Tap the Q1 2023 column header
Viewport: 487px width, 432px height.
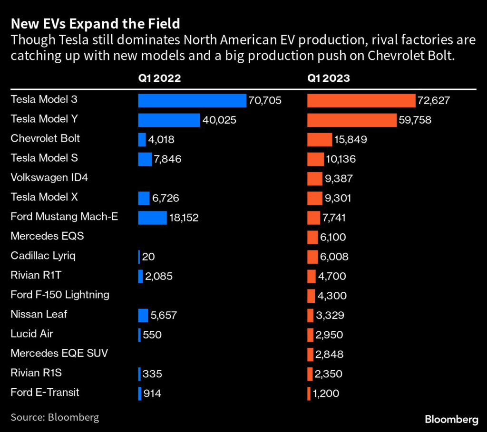point(329,78)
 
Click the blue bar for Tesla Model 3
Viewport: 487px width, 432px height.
point(192,100)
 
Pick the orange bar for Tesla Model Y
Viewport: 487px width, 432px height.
point(352,120)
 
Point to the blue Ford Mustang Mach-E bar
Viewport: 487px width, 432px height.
point(153,218)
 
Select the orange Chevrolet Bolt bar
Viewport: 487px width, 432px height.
point(320,140)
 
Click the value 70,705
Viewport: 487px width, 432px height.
point(265,100)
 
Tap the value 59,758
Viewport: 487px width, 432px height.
point(415,120)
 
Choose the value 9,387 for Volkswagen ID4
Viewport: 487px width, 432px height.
point(338,179)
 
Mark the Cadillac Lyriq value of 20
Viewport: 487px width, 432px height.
point(148,257)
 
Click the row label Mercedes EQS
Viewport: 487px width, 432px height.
point(47,236)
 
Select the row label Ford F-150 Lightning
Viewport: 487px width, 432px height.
point(60,295)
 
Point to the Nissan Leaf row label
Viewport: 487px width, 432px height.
point(39,314)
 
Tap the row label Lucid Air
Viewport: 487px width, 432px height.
point(32,334)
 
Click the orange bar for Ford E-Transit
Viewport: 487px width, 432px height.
point(309,393)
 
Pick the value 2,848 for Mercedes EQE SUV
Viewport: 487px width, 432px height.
point(329,354)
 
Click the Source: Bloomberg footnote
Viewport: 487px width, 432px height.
point(55,417)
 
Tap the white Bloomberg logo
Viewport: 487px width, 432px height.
point(451,419)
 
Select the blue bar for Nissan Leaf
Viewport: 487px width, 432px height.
point(143,315)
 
